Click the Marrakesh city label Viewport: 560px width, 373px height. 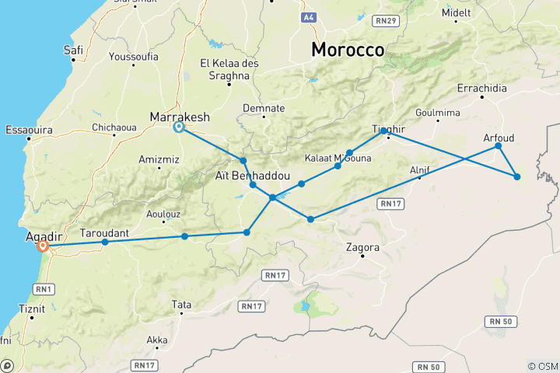pos(180,117)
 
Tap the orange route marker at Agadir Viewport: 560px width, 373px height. pos(44,246)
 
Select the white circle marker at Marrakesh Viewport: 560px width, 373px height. pos(179,127)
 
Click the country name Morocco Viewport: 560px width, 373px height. pos(348,50)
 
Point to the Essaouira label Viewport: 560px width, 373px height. pos(29,130)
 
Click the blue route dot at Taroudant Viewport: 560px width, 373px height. pos(105,242)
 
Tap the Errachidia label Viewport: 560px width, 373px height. pos(481,88)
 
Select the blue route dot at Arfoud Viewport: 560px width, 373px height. pos(499,146)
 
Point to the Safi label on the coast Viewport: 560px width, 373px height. pos(75,51)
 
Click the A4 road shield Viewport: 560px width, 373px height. pos(309,16)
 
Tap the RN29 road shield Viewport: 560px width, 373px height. pos(384,19)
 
